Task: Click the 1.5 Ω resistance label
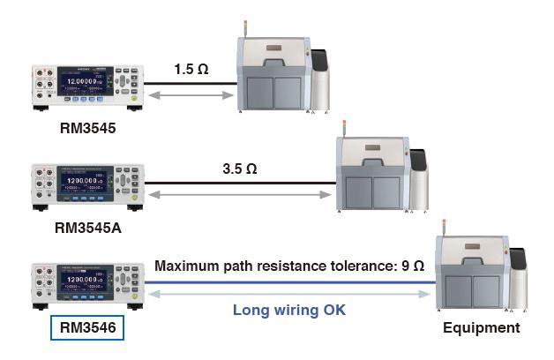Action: coord(191,68)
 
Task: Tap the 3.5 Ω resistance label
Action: coord(240,165)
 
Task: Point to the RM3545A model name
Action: coord(87,227)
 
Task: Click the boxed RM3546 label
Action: coord(87,328)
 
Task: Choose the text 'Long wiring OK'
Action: coord(289,310)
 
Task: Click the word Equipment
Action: coord(483,327)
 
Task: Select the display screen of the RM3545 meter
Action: coord(85,86)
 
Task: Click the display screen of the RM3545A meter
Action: coord(85,186)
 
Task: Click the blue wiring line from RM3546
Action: coord(291,283)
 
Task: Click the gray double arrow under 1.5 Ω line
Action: coord(191,94)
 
